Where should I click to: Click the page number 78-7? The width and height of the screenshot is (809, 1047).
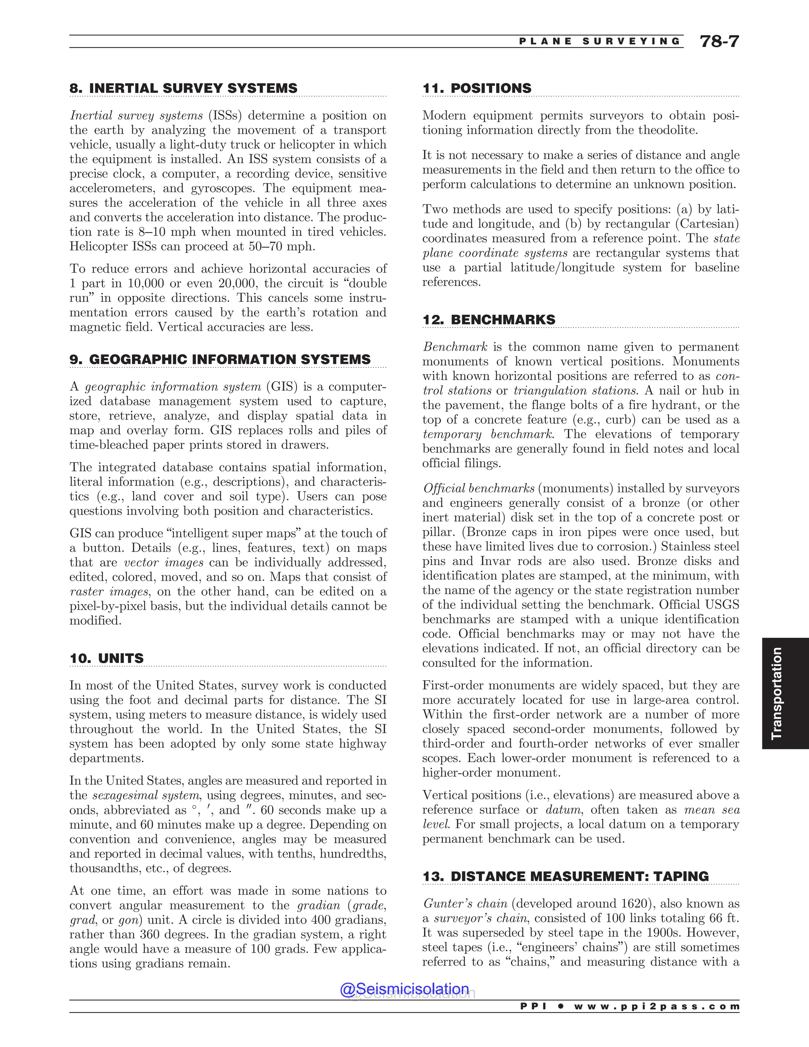pos(719,42)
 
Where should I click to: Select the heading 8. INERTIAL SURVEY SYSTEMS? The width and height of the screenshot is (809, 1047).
pos(184,88)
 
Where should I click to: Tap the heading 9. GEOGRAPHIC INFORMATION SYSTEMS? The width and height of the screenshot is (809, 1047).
pos(220,360)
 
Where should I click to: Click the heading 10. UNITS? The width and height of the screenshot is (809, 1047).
pos(106,658)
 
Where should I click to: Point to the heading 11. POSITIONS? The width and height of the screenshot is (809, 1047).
pos(477,88)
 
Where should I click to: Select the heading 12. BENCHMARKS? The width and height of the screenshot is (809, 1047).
pos(489,320)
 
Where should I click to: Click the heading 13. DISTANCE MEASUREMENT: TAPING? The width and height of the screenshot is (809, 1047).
pos(566,876)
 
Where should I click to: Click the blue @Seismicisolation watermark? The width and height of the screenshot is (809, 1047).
pos(404,989)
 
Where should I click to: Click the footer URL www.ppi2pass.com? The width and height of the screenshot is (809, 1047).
pos(657,1006)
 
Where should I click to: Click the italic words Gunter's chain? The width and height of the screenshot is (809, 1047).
pos(465,904)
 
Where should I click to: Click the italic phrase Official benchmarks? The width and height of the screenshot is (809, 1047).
pos(478,488)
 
